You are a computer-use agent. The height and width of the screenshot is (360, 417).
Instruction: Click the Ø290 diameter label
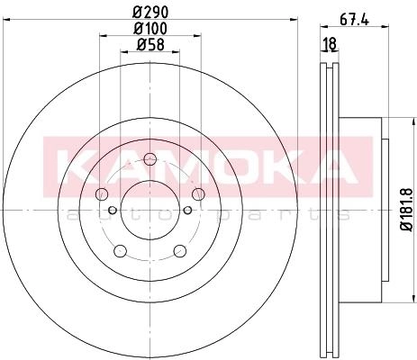(x=150, y=12)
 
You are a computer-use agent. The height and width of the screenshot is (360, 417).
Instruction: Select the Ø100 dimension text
(x=150, y=29)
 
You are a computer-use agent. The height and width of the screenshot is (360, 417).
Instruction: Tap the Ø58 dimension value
(x=150, y=45)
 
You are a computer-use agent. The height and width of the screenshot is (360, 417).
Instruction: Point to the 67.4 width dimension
(x=354, y=20)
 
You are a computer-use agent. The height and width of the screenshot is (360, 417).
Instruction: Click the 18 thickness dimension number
(x=330, y=44)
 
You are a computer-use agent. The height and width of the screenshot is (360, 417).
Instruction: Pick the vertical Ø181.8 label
(x=408, y=210)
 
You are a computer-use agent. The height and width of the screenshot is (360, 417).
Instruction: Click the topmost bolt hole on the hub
(x=150, y=159)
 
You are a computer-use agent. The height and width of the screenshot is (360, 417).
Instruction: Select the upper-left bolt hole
(x=101, y=194)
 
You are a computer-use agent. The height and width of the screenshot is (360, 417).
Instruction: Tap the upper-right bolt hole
(x=198, y=194)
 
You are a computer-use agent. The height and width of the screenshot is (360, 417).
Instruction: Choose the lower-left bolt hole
(x=120, y=251)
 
